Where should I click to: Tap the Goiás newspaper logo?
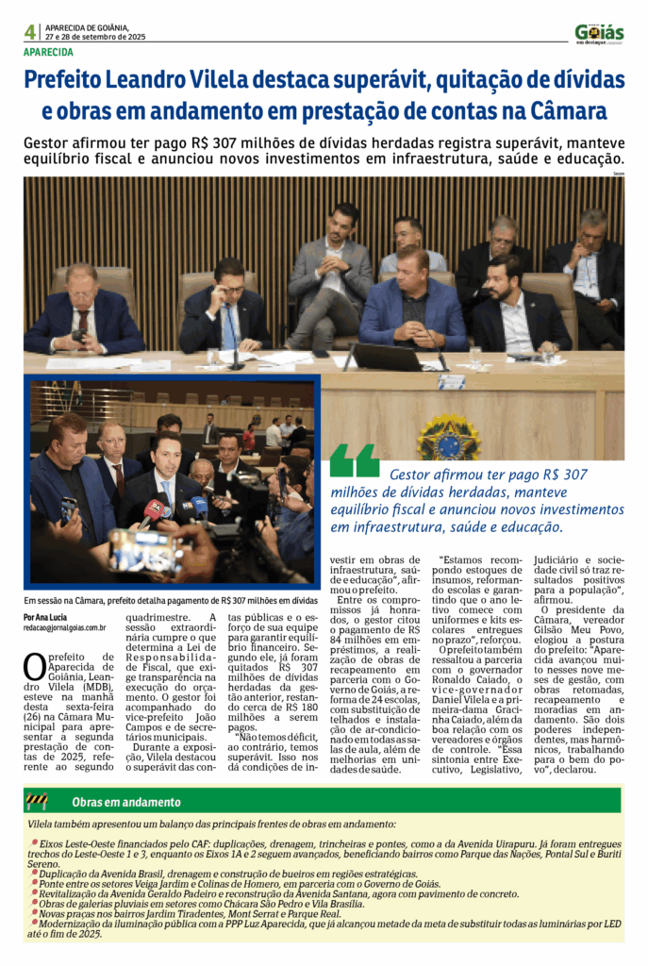pos(599,33)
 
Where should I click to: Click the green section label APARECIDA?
pos(48,53)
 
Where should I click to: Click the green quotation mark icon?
pos(355,461)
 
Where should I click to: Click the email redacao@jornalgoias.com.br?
pos(65,627)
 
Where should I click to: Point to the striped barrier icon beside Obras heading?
pos(37,802)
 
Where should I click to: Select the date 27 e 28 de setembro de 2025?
pos(95,38)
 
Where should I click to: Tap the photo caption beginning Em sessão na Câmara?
pos(170,600)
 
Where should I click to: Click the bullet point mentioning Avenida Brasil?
pos(222,873)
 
